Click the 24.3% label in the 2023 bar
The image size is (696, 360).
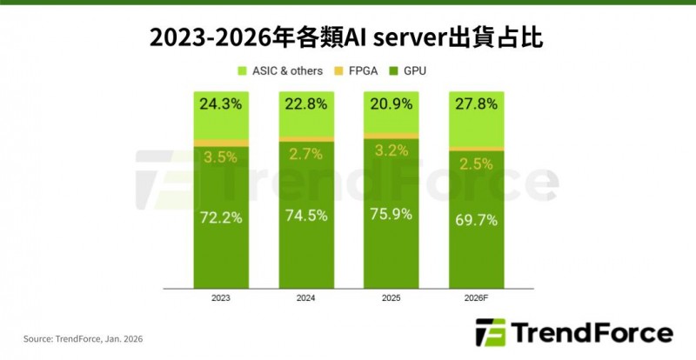pyautogui.click(x=221, y=104)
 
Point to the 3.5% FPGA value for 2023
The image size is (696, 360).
pyautogui.click(x=221, y=158)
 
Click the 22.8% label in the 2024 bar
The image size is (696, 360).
pyautogui.click(x=305, y=104)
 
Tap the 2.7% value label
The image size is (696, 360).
pyautogui.click(x=305, y=156)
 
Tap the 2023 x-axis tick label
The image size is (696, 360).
pyautogui.click(x=221, y=298)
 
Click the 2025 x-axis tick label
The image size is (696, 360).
pyautogui.click(x=390, y=298)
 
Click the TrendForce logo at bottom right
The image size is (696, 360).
pyautogui.click(x=574, y=334)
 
